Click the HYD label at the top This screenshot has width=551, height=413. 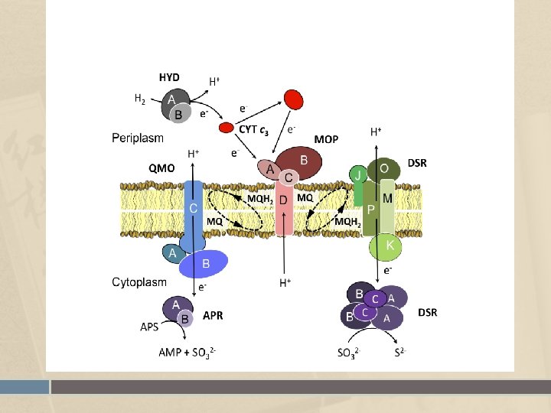(169, 76)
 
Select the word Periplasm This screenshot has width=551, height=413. (138, 138)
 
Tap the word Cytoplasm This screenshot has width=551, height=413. (139, 282)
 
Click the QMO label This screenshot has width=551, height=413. (161, 167)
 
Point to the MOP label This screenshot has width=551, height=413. (326, 139)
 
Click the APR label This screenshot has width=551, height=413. (213, 315)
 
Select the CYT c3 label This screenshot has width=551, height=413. (253, 130)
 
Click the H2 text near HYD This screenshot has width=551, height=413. (140, 98)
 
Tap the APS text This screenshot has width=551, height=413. (150, 327)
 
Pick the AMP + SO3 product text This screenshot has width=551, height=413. (187, 353)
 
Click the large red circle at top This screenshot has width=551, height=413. (293, 99)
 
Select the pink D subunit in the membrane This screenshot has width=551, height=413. (284, 206)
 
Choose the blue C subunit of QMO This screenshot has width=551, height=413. (194, 208)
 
